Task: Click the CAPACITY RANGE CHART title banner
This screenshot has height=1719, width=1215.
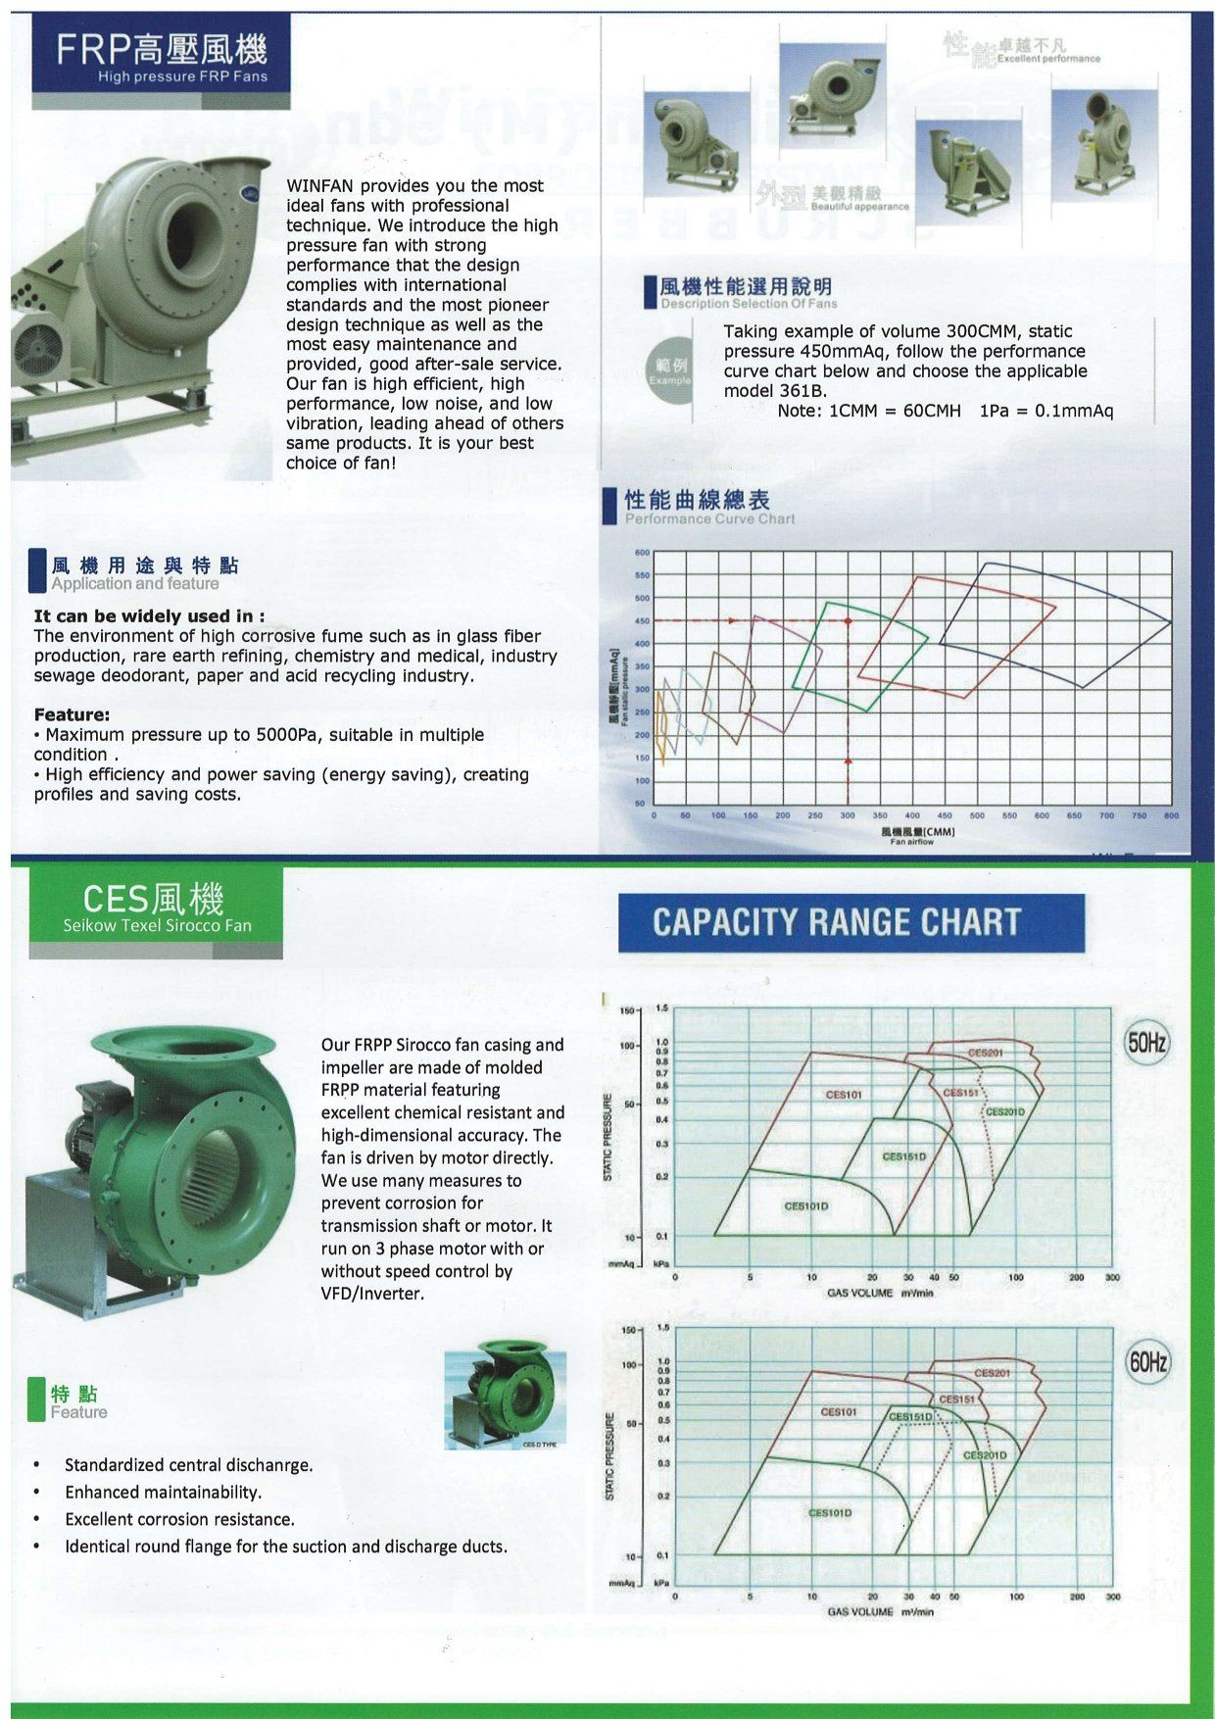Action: point(850,922)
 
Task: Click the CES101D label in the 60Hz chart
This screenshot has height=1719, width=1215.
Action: point(829,1512)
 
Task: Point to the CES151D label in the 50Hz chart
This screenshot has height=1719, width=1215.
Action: point(903,1156)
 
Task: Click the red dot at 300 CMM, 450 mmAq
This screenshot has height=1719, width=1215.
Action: point(848,621)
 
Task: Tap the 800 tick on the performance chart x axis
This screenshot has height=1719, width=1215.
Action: point(1171,815)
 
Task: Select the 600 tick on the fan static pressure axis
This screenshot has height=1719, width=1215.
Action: point(642,553)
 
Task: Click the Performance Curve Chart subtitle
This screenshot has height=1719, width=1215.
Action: point(709,518)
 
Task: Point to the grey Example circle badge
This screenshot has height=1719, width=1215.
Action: point(670,370)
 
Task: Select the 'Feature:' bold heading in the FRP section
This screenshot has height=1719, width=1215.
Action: point(72,714)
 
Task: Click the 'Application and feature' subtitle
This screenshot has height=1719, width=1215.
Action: point(135,584)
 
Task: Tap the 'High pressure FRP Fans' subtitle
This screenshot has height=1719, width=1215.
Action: point(182,76)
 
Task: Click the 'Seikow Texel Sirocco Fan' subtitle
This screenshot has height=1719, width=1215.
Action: point(157,925)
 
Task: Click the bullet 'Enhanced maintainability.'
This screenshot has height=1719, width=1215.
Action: point(163,1492)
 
